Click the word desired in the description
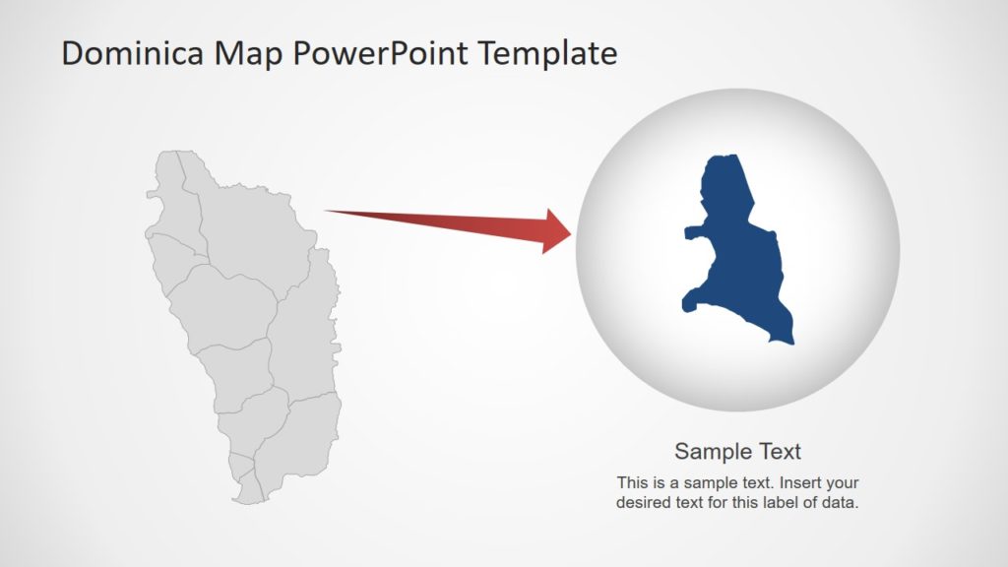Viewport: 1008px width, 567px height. [x=642, y=502]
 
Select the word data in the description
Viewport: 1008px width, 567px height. [x=844, y=502]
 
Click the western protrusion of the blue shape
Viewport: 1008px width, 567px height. [x=688, y=233]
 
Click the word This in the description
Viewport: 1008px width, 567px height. [x=633, y=483]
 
